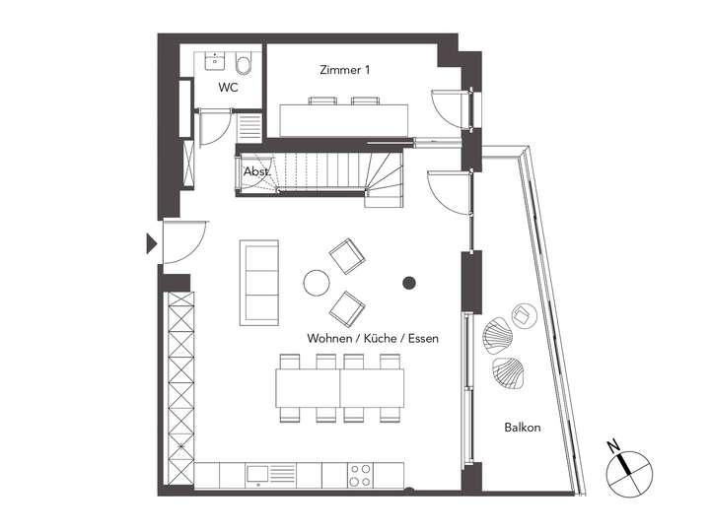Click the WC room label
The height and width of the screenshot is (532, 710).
pyautogui.click(x=228, y=88)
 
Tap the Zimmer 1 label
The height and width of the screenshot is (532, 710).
pyautogui.click(x=345, y=70)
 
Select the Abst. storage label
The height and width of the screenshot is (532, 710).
pyautogui.click(x=255, y=170)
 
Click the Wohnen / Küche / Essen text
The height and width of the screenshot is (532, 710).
pyautogui.click(x=373, y=338)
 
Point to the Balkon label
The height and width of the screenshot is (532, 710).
pyautogui.click(x=522, y=428)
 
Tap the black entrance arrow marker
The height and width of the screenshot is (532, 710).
pyautogui.click(x=150, y=243)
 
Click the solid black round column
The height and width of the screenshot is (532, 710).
pyautogui.click(x=408, y=285)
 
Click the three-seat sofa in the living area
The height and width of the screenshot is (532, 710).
pyautogui.click(x=260, y=283)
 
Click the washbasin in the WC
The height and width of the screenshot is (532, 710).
pyautogui.click(x=213, y=63)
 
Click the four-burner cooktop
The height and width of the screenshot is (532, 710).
pyautogui.click(x=361, y=475)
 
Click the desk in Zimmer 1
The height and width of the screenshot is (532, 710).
pyautogui.click(x=344, y=118)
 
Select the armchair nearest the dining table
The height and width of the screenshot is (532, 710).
pyautogui.click(x=346, y=307)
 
